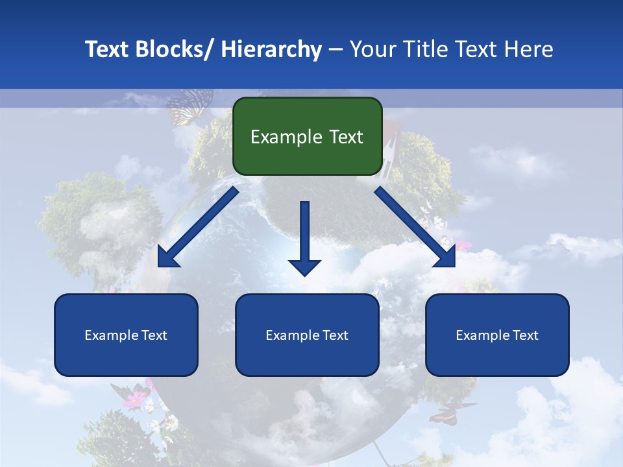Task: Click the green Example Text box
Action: pos(307,136)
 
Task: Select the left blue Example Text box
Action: pos(126,335)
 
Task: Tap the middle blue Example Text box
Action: pos(307,335)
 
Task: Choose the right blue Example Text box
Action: pos(497,335)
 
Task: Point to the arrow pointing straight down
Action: pos(304,237)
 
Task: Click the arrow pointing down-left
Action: pos(198,227)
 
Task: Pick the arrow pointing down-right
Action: pos(415,227)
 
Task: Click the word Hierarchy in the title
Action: pos(271,49)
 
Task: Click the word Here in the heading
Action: pos(529,49)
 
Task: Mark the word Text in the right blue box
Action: pos(526,335)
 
